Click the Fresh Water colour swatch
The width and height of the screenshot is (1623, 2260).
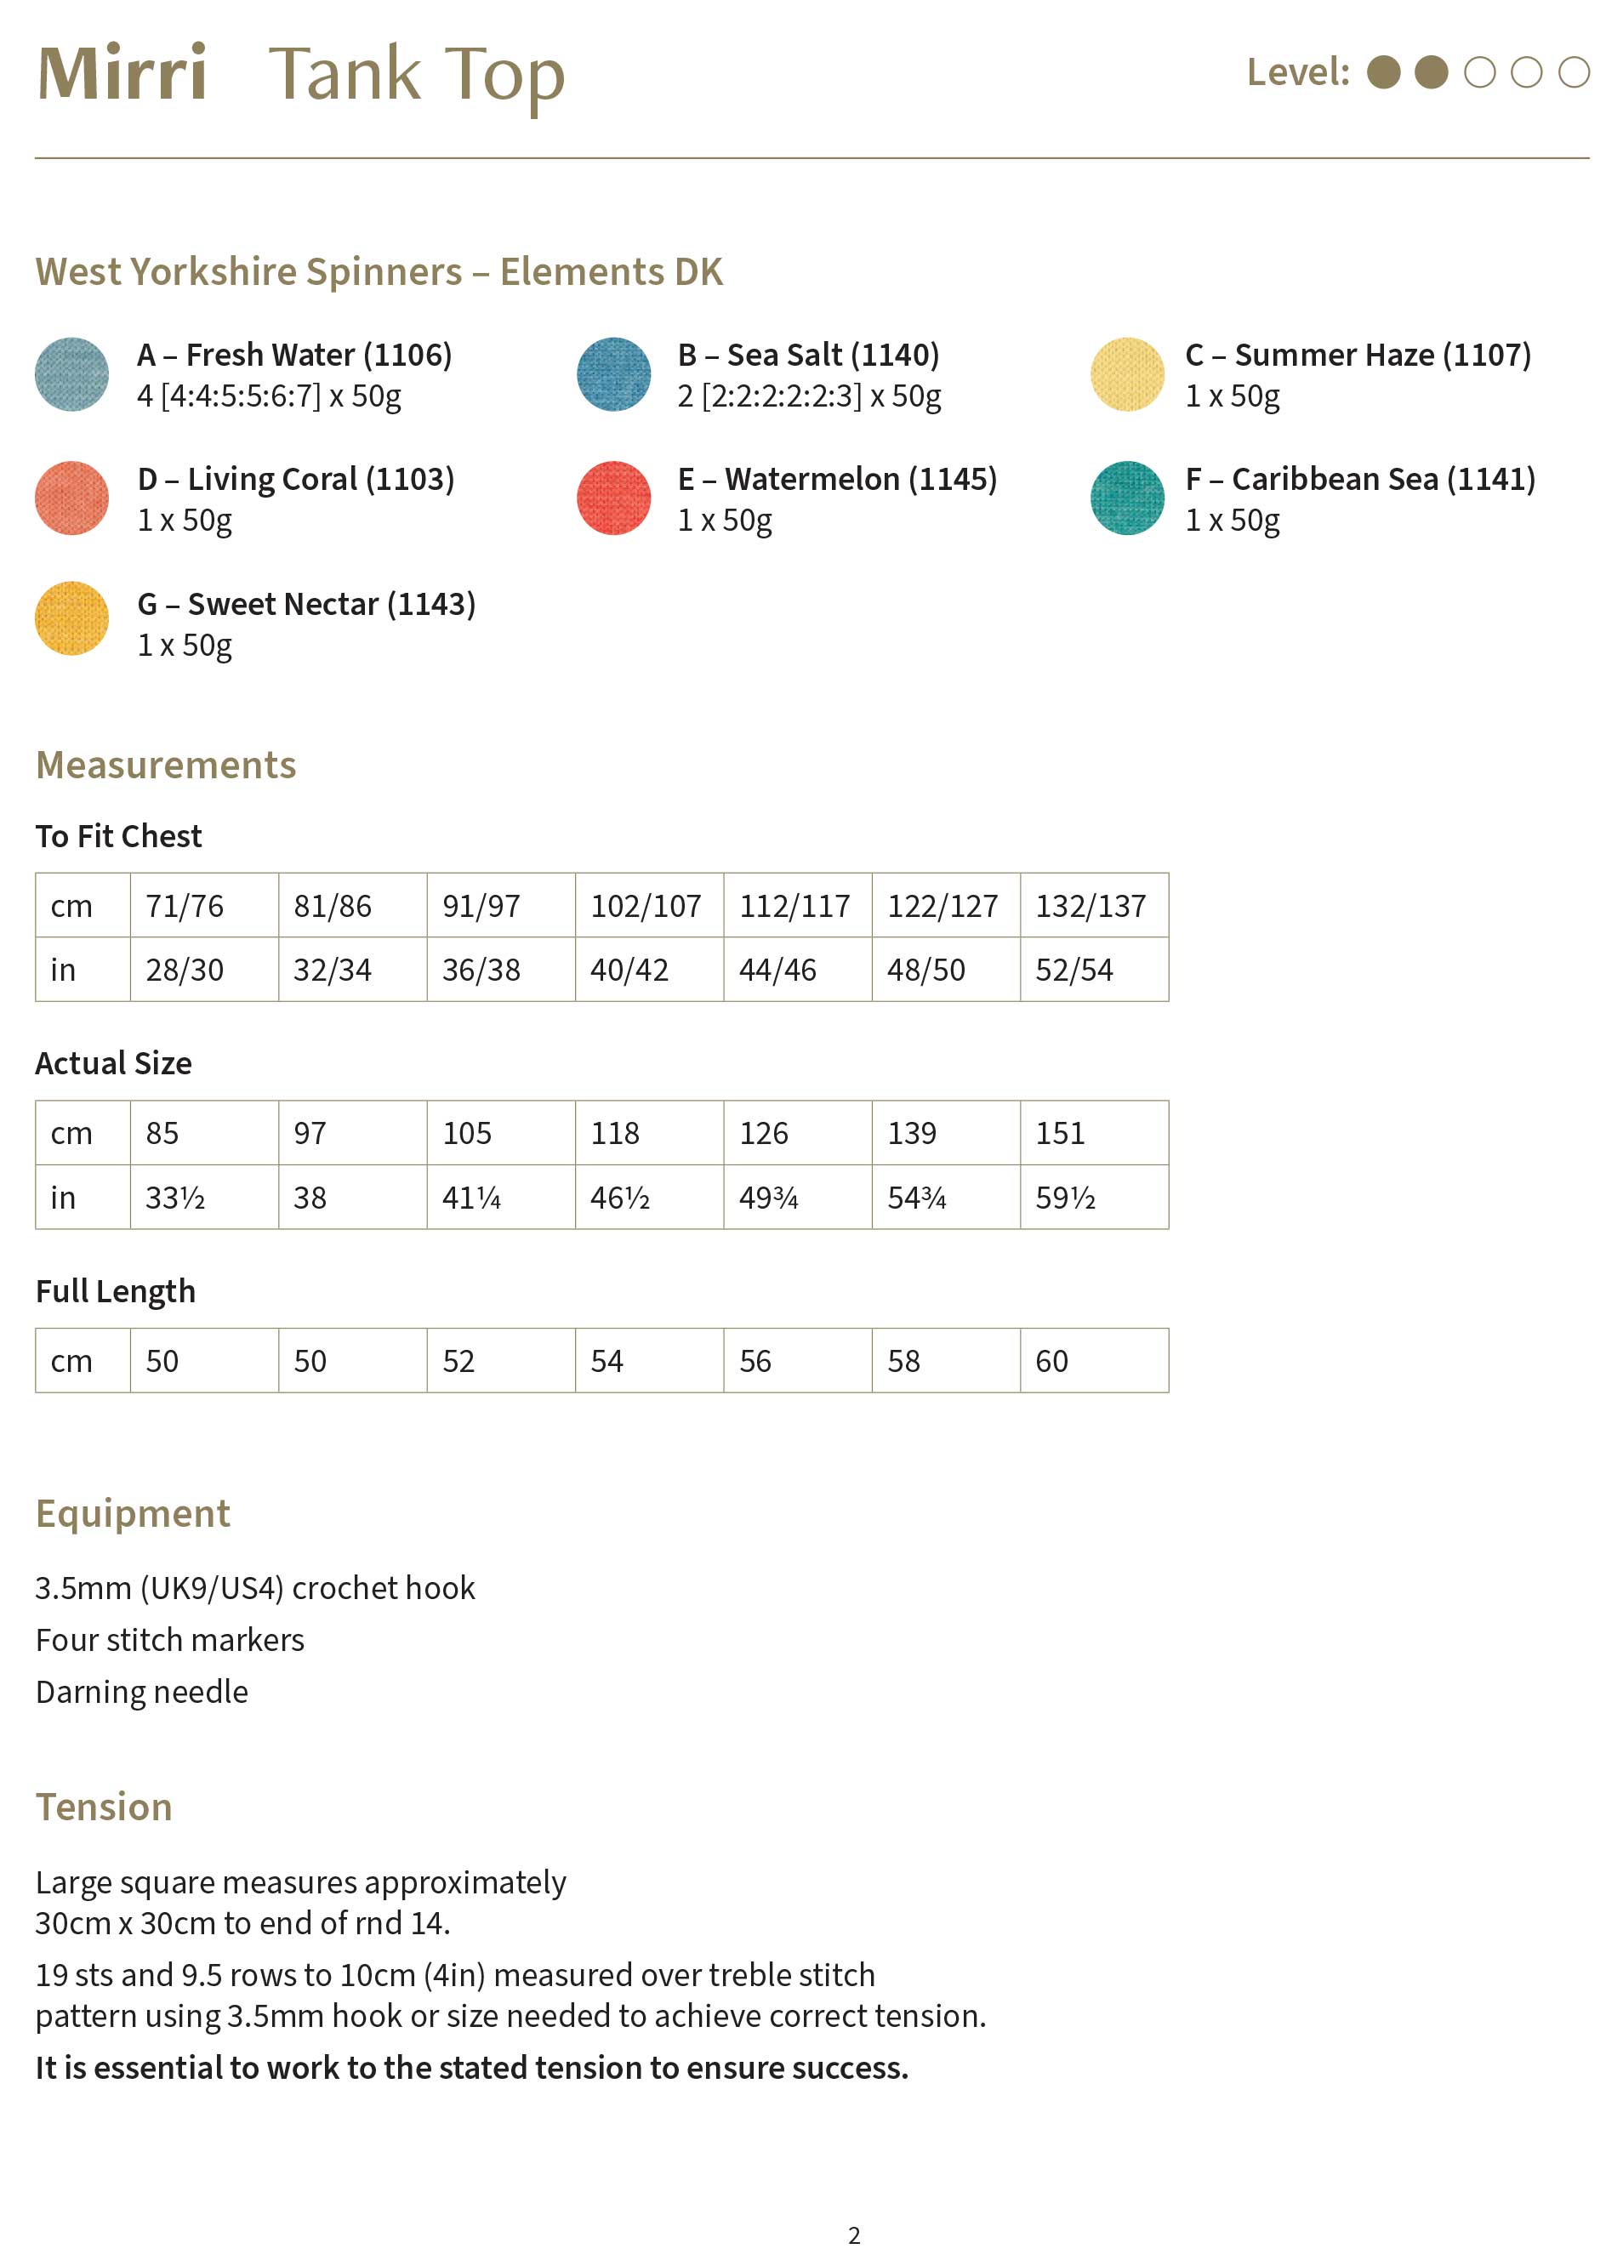click(x=71, y=374)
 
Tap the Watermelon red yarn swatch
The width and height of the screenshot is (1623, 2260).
click(x=614, y=498)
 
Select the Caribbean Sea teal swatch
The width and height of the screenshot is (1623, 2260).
click(x=1127, y=498)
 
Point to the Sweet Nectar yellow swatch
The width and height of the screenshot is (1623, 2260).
click(x=71, y=619)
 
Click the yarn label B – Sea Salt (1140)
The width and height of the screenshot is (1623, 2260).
click(x=808, y=355)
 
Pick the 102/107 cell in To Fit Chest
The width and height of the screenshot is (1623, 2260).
click(x=647, y=906)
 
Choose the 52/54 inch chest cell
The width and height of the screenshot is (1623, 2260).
click(x=1093, y=970)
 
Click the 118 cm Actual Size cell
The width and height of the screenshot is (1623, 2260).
click(x=647, y=1133)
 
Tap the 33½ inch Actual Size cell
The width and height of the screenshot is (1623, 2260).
click(x=203, y=1197)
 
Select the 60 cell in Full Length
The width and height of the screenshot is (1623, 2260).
click(x=1093, y=1360)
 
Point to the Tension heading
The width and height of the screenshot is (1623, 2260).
click(x=104, y=1807)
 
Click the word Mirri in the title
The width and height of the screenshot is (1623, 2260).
click(x=122, y=74)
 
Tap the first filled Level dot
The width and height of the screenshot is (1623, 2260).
click(x=1383, y=71)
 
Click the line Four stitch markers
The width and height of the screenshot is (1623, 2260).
click(x=169, y=1639)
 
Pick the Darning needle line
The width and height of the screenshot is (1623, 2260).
click(x=141, y=1691)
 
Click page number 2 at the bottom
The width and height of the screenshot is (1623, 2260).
click(x=854, y=2234)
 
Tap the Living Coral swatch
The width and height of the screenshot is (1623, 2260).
click(x=71, y=498)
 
